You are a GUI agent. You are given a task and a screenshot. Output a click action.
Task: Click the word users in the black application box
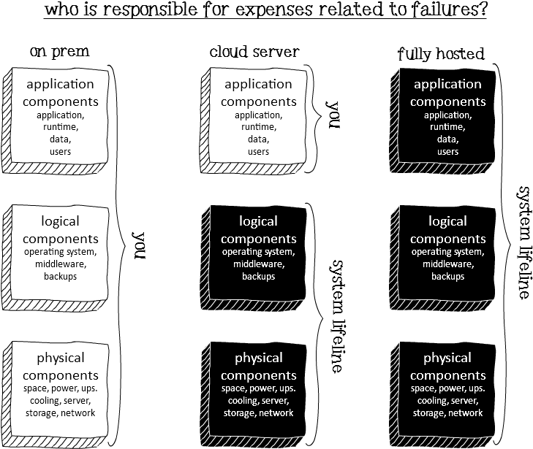click(447, 152)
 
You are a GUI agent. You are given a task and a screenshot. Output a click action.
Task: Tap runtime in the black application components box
click(447, 127)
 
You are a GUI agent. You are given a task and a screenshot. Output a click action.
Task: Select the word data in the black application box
click(447, 139)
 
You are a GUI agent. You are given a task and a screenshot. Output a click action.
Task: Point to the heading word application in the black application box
click(447, 85)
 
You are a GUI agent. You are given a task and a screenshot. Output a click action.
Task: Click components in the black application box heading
click(447, 101)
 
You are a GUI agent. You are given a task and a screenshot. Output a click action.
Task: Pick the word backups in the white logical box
click(61, 277)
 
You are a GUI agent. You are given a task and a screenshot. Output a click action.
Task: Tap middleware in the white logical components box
click(61, 264)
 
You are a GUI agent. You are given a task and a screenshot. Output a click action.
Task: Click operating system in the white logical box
click(61, 253)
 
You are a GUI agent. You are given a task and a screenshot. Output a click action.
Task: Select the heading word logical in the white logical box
click(61, 221)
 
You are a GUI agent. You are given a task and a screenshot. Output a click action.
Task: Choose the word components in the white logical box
click(61, 239)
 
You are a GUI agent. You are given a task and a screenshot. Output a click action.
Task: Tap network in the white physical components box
click(78, 413)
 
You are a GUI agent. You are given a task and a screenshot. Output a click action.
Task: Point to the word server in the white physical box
click(77, 401)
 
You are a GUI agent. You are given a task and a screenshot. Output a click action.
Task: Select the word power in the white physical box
click(62, 388)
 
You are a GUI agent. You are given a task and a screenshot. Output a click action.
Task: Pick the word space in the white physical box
click(36, 388)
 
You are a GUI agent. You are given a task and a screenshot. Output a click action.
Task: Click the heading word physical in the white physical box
click(61, 358)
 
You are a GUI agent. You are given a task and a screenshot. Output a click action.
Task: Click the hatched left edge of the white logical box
click(7, 255)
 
